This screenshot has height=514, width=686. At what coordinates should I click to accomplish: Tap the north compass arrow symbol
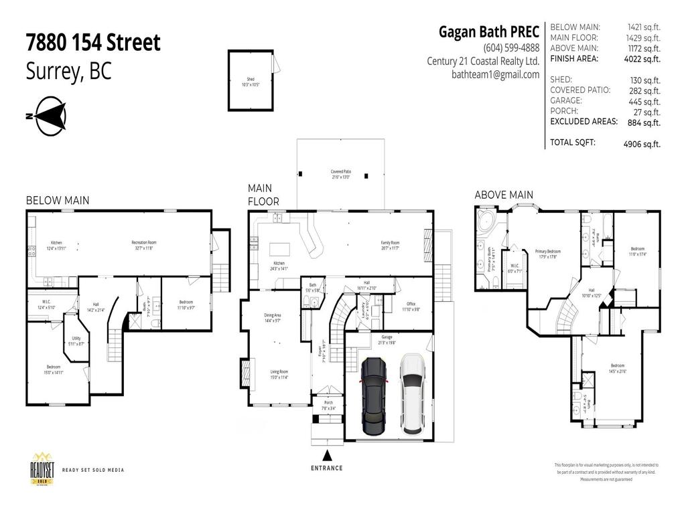click(x=49, y=114)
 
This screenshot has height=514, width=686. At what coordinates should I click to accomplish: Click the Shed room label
click(x=251, y=82)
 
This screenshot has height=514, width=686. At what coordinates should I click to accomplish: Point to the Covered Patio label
click(x=342, y=174)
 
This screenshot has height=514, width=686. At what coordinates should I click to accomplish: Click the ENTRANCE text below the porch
click(x=326, y=468)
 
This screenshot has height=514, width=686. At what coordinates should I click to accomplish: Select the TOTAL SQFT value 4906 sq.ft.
click(x=641, y=143)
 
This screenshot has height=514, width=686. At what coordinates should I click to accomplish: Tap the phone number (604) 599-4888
click(x=510, y=48)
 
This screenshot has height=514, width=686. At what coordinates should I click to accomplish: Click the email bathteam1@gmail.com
click(x=495, y=75)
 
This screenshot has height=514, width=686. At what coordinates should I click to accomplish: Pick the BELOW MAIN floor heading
click(x=58, y=200)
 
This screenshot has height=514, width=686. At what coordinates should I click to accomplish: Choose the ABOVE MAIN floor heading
click(x=504, y=195)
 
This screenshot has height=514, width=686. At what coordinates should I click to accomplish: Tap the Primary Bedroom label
click(x=547, y=254)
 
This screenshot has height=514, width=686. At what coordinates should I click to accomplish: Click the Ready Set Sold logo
click(x=42, y=469)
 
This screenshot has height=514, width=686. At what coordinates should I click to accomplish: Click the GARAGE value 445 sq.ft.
click(x=644, y=101)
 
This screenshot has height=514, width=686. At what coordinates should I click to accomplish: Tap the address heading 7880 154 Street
click(x=93, y=43)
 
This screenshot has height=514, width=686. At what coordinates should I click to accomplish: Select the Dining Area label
click(x=271, y=319)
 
